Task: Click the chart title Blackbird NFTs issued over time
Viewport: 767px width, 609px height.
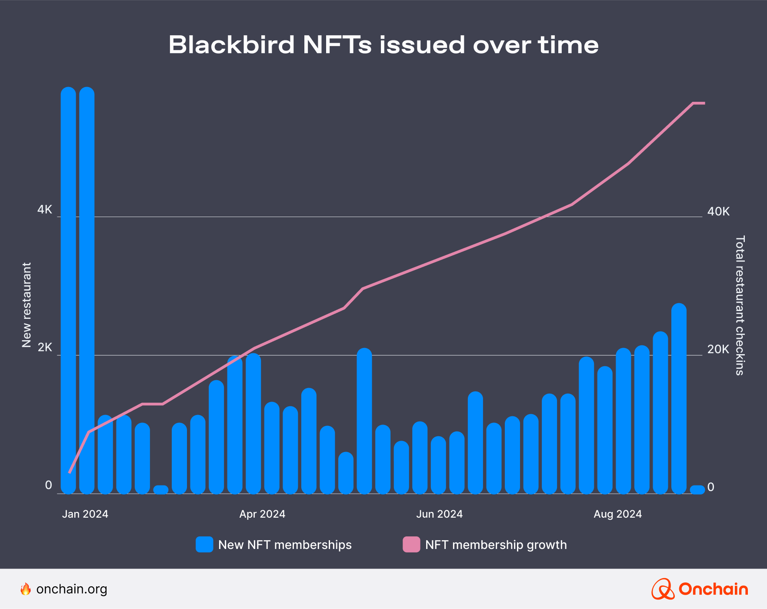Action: (x=383, y=45)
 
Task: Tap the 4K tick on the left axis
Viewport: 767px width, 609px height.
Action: (x=44, y=210)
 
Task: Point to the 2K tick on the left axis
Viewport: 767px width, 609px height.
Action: (x=44, y=348)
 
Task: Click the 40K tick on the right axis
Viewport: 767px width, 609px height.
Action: (x=718, y=212)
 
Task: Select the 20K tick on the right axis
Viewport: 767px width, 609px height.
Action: (x=718, y=349)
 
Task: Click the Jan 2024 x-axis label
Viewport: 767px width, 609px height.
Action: (x=85, y=514)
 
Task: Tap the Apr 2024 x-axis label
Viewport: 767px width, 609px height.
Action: (x=262, y=514)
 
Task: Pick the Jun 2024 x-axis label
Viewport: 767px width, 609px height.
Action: (x=439, y=514)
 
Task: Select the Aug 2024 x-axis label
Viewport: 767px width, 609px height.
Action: (x=617, y=514)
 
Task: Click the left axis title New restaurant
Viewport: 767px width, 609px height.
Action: (x=27, y=304)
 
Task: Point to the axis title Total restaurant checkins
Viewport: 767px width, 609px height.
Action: (x=740, y=304)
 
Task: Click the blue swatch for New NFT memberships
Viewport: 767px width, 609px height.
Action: (x=204, y=545)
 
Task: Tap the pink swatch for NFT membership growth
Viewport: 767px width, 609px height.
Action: (x=411, y=545)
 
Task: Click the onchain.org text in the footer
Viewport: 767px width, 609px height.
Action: (x=72, y=589)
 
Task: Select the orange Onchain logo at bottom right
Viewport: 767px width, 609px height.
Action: (x=699, y=589)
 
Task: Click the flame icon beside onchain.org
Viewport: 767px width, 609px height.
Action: (x=26, y=589)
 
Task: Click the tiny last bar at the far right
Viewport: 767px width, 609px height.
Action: (x=697, y=490)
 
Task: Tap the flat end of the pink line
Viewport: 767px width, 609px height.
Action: (x=699, y=103)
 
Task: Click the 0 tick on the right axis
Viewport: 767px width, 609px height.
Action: (x=710, y=487)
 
